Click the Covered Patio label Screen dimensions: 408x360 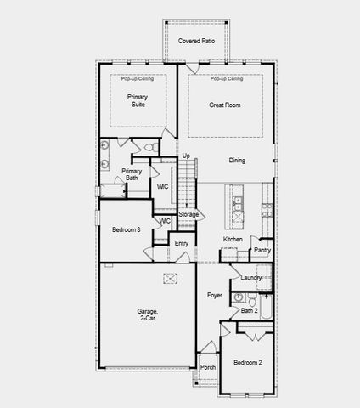(x=196, y=40)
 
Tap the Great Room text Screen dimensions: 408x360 (x=226, y=105)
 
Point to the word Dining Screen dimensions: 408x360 (x=237, y=160)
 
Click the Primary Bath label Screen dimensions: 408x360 (x=132, y=174)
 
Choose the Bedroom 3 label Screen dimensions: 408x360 (x=126, y=229)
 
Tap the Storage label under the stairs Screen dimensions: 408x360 (x=188, y=214)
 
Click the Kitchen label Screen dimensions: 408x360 (x=233, y=240)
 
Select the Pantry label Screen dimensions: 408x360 (x=262, y=250)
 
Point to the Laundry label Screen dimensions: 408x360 (x=250, y=278)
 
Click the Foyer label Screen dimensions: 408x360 (x=214, y=295)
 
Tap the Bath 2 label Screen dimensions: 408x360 (x=249, y=311)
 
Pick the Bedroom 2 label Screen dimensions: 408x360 (x=248, y=363)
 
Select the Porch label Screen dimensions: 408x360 (x=208, y=367)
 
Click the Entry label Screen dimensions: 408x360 (x=181, y=244)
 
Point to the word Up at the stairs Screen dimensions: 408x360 (x=186, y=156)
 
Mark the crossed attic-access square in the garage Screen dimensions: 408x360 (x=170, y=279)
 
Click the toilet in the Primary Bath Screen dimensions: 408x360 (x=149, y=147)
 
